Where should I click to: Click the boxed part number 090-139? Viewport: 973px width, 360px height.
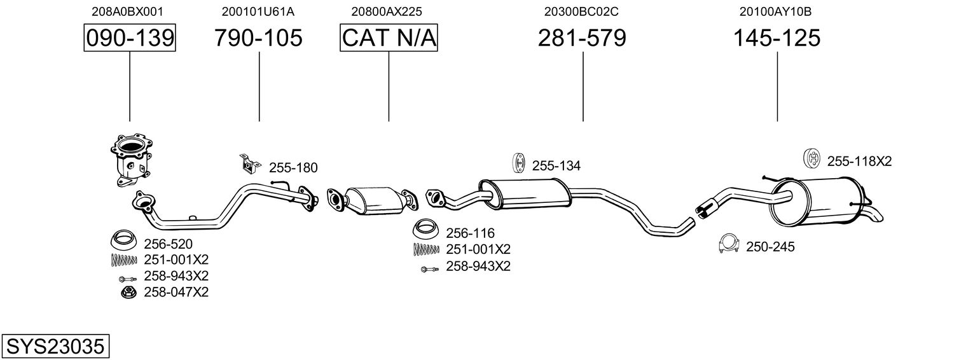click(130, 38)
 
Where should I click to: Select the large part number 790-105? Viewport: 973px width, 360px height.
click(258, 38)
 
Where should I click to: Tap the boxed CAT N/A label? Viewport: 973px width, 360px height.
click(389, 38)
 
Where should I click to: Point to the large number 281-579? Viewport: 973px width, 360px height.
click(582, 38)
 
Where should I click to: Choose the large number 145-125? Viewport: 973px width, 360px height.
click(776, 38)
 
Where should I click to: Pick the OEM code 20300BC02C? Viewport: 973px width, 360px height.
click(581, 11)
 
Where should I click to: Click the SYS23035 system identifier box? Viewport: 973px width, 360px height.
click(55, 347)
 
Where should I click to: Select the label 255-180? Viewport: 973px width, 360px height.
click(293, 168)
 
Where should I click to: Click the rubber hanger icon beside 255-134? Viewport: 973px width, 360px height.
click(518, 163)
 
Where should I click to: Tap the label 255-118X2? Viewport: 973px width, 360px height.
click(859, 162)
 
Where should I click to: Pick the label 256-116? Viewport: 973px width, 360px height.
click(470, 233)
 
